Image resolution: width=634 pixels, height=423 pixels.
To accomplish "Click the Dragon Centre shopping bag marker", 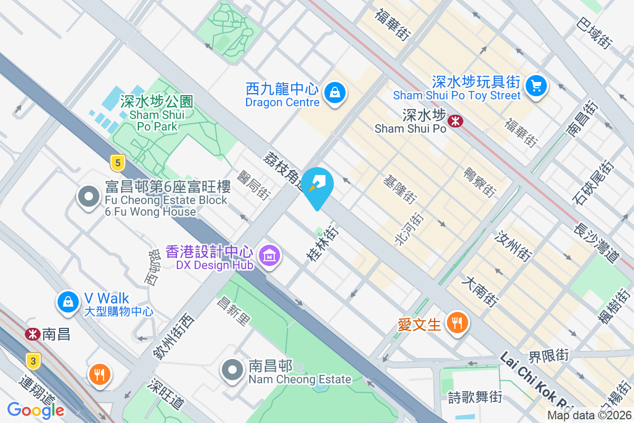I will [335, 93].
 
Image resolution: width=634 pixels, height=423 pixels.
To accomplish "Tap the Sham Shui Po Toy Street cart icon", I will [536, 85].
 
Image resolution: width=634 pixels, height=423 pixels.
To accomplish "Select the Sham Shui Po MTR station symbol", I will [455, 121].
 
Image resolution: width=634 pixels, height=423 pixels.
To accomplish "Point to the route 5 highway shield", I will [117, 163].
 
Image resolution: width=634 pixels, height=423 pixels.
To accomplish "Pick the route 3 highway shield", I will [33, 362].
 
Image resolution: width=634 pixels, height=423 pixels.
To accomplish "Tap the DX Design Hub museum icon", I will [270, 256].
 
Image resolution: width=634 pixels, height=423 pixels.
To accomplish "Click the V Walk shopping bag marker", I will [68, 302].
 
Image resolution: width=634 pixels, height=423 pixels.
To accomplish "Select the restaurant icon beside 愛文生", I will [457, 323].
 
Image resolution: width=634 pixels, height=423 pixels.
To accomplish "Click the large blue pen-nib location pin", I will [317, 185].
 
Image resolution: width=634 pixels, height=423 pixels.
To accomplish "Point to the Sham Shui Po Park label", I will [157, 113].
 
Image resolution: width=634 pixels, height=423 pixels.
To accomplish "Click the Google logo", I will [36, 410].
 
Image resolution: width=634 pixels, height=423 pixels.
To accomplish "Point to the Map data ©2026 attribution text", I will [589, 415].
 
